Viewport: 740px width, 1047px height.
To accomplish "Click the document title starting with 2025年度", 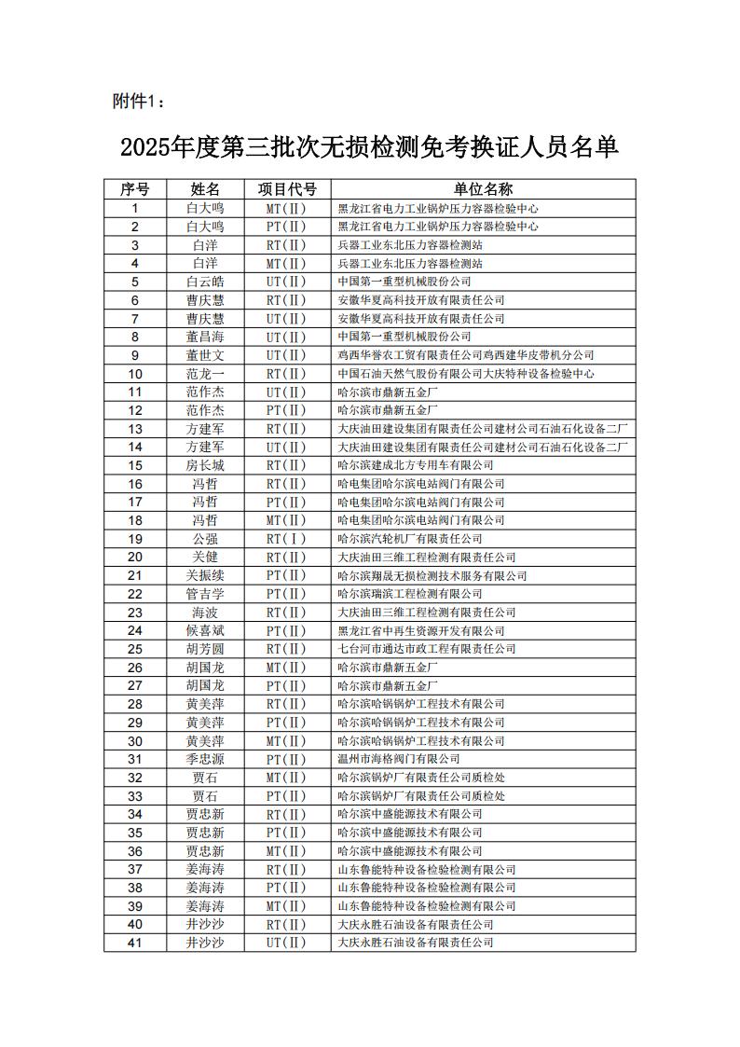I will (370, 147).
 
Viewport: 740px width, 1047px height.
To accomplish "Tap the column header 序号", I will (135, 190).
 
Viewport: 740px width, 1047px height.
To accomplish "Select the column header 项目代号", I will (287, 190).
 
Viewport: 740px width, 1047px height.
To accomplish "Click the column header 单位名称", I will (484, 190).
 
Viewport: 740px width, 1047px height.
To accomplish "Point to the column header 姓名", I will (205, 190).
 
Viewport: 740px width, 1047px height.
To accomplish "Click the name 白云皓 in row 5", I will (205, 282).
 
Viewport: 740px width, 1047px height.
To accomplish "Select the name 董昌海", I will (205, 337).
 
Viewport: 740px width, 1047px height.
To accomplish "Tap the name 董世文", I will (205, 355).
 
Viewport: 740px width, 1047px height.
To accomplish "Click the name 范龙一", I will (205, 374).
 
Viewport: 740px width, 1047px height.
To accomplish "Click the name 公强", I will (205, 539).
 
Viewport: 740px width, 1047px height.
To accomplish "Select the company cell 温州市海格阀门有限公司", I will (399, 759).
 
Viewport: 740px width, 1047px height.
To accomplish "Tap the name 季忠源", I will (205, 759).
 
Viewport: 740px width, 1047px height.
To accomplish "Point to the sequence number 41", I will (135, 943).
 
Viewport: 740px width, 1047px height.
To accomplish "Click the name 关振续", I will (205, 575).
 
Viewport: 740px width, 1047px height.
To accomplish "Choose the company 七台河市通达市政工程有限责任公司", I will (427, 649).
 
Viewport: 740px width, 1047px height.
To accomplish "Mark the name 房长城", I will (205, 465).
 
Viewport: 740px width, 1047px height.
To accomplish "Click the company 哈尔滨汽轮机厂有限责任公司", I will (410, 539).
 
